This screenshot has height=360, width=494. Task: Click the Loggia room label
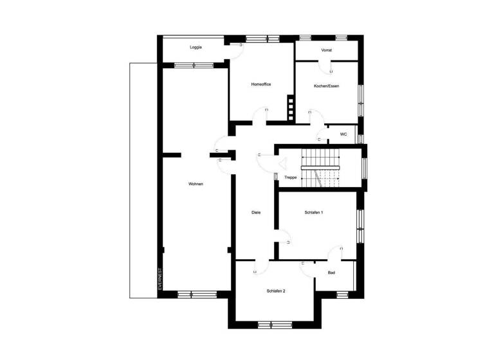coord(196,48)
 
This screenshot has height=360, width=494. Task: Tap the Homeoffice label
coord(261,85)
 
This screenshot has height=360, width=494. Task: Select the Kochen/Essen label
coord(326,86)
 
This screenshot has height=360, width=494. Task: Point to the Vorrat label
coord(326,50)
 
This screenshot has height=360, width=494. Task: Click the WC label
coord(343,134)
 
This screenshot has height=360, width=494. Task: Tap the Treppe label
coord(291,177)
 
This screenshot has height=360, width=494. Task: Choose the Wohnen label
coord(196,184)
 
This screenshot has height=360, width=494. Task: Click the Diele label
coord(255,212)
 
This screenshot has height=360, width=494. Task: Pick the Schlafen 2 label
coord(276,291)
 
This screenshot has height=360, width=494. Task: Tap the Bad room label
coord(331,273)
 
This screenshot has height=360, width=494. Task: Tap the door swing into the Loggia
coord(235,51)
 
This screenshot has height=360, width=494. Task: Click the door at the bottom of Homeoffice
coord(260,116)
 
